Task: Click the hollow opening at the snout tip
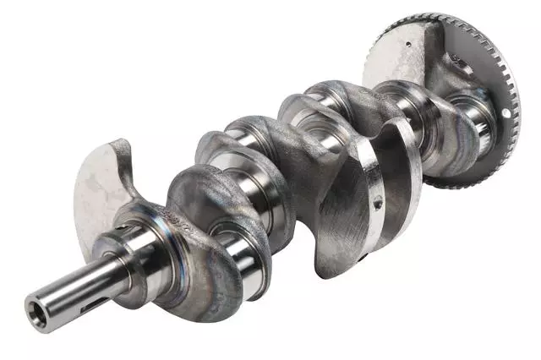coord(36,303)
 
